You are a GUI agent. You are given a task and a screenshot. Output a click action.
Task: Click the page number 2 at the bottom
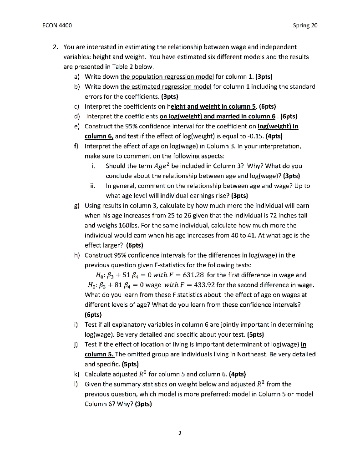pyautogui.click(x=180, y=433)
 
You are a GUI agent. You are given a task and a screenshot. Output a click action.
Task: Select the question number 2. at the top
pyautogui.click(x=54, y=47)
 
